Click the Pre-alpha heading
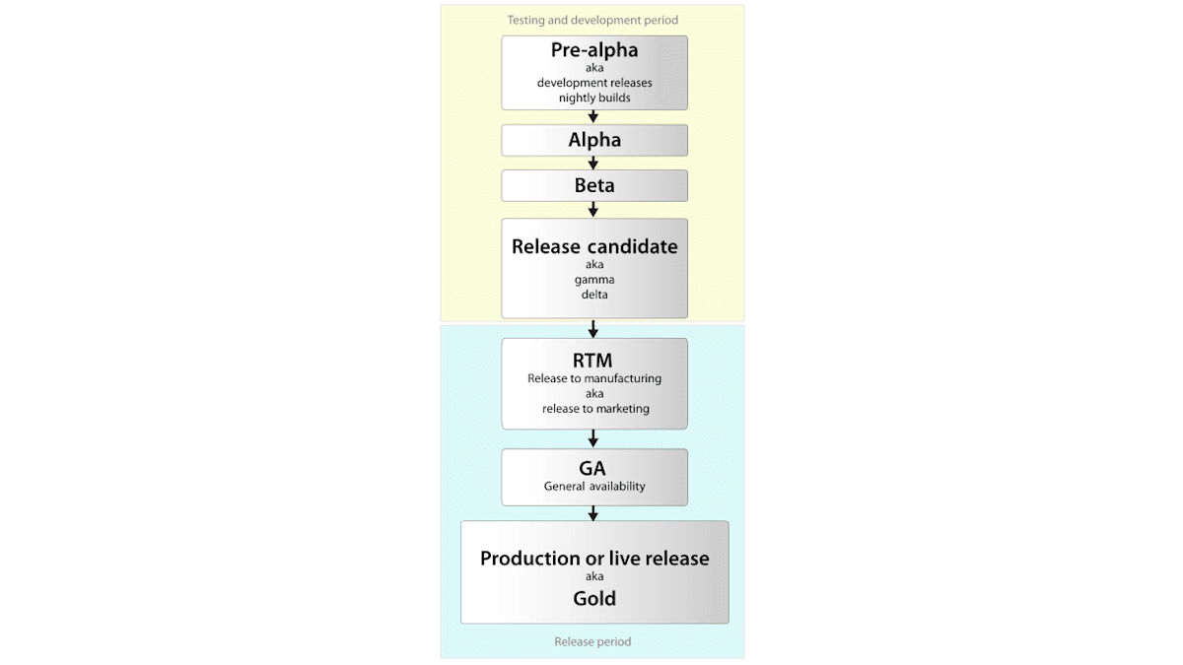click(x=594, y=51)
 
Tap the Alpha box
click(x=594, y=140)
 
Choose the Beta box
click(x=594, y=185)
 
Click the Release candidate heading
click(x=594, y=246)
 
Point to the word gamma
click(x=594, y=280)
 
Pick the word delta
click(x=594, y=295)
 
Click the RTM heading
click(x=594, y=360)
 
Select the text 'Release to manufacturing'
click(x=594, y=378)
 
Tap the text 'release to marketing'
click(x=594, y=408)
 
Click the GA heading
click(x=594, y=468)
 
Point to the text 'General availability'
click(x=594, y=487)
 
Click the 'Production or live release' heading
click(x=594, y=559)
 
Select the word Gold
click(x=594, y=598)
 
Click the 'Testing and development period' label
click(x=592, y=20)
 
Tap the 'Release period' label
click(x=592, y=641)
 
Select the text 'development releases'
click(x=594, y=83)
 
